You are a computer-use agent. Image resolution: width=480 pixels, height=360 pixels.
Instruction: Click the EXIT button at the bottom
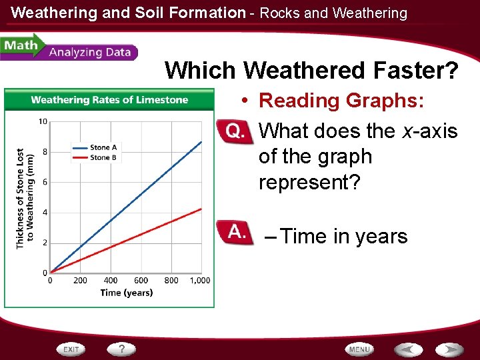pyautogui.click(x=72, y=349)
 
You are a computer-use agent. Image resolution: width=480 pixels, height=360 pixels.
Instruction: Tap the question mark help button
pyautogui.click(x=122, y=349)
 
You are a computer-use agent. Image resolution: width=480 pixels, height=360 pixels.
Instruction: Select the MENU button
pyautogui.click(x=359, y=349)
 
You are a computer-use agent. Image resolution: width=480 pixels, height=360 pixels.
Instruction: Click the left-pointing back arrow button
pyautogui.click(x=407, y=349)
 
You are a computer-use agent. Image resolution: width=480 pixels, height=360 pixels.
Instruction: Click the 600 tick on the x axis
pyautogui.click(x=141, y=281)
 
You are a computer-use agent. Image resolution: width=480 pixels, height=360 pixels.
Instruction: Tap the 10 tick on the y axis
pyautogui.click(x=42, y=121)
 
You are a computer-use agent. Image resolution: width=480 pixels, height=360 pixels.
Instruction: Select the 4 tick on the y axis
pyautogui.click(x=44, y=213)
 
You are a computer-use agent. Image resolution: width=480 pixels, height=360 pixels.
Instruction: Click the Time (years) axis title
pyautogui.click(x=127, y=293)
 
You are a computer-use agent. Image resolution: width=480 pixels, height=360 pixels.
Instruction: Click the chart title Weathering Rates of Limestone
pyautogui.click(x=109, y=100)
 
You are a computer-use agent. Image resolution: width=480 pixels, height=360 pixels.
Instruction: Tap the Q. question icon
pyautogui.click(x=235, y=131)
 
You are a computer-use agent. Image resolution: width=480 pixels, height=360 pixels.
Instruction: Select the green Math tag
pyautogui.click(x=20, y=46)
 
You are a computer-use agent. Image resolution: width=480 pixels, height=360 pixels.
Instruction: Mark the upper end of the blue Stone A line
pyautogui.click(x=201, y=141)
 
